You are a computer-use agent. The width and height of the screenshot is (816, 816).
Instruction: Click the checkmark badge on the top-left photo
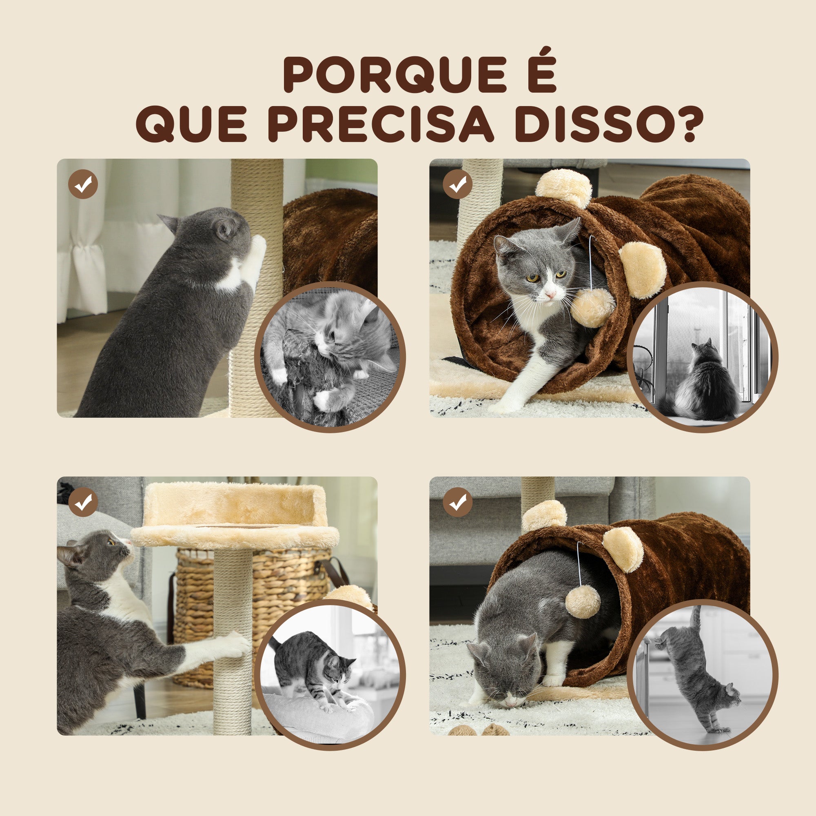83,184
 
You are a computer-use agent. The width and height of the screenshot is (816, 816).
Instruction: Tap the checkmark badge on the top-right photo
458,184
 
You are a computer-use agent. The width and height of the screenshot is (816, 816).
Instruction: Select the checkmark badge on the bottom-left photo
83,502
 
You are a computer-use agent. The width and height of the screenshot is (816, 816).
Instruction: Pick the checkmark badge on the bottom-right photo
458,502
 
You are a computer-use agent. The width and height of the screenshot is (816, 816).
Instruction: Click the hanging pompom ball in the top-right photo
592,308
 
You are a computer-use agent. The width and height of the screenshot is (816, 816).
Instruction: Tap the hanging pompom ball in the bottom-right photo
583,601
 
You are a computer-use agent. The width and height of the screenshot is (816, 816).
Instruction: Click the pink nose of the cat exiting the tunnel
550,295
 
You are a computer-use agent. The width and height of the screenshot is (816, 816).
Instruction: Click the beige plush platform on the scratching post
235,516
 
